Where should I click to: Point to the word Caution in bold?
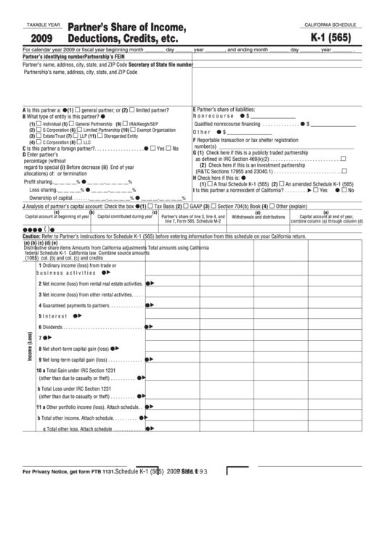coord(31,237)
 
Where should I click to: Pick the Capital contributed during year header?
coord(125,217)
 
